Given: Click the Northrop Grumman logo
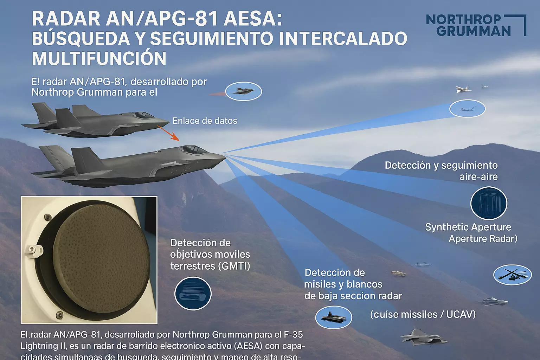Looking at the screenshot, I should [x=476, y=25].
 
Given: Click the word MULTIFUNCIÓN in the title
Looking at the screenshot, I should [x=99, y=58].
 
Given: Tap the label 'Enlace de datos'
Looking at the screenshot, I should [x=205, y=121].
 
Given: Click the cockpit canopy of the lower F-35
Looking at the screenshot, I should [x=192, y=149].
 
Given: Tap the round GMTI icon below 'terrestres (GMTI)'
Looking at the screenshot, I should [x=193, y=294].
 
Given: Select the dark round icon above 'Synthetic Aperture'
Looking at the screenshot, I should [x=488, y=204].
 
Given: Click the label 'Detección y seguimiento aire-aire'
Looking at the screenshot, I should [x=441, y=171].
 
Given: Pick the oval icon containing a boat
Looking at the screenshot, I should [x=333, y=317].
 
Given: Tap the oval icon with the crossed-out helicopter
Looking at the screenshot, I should [x=512, y=275].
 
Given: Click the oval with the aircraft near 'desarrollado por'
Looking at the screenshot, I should [x=243, y=92].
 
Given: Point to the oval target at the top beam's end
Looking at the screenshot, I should [x=467, y=109].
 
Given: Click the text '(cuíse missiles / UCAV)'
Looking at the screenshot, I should [x=423, y=314].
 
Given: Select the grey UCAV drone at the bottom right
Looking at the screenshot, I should [x=424, y=337].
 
